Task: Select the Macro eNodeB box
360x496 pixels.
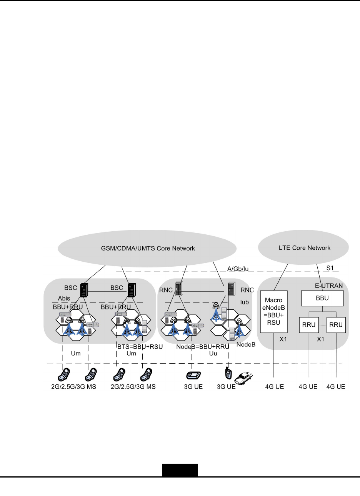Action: [x=274, y=312]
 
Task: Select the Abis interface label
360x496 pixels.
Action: [x=64, y=298]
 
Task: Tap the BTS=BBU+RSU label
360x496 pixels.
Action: [x=140, y=346]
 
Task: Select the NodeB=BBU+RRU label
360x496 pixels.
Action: [x=203, y=346]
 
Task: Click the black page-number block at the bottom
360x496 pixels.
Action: [x=180, y=470]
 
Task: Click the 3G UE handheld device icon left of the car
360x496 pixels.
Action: [x=228, y=373]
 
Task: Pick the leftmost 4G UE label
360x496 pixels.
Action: [x=275, y=386]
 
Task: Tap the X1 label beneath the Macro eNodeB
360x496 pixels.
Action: [x=283, y=340]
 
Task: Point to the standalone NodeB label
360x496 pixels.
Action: [x=246, y=344]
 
